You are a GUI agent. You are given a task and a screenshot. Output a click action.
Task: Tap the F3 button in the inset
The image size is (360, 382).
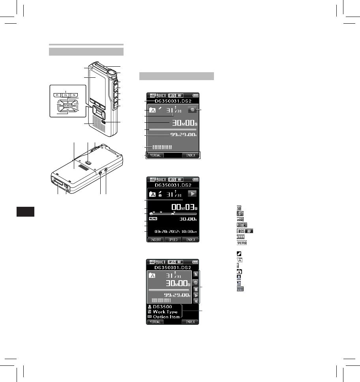74,95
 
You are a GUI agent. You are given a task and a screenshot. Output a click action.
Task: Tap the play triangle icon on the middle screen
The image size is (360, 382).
191,194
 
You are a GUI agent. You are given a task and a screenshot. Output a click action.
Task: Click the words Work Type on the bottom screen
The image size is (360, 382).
166,311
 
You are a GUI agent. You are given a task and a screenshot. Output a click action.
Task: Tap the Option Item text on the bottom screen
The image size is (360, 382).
167,316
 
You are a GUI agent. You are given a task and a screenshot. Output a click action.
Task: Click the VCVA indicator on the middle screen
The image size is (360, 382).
154,218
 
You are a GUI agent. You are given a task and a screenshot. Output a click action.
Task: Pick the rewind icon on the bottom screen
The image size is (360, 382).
196,301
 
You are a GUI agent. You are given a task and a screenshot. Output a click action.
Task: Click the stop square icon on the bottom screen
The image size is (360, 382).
196,288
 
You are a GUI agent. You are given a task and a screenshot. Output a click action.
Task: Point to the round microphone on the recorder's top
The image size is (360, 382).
111,72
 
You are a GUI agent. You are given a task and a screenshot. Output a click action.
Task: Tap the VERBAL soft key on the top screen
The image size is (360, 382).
155,155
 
